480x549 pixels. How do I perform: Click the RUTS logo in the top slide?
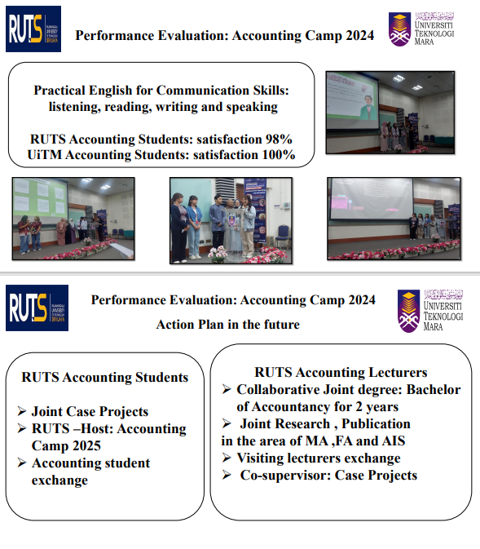pos(33,29)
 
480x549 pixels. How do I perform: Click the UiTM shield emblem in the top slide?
pos(399,29)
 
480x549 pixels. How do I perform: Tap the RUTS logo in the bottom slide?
pos(37,308)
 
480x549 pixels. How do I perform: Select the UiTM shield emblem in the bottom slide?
pos(408,311)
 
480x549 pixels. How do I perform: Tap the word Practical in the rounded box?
pos(59,91)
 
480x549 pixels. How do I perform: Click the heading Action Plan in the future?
pos(227,324)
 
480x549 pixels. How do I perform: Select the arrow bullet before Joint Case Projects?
pos(22,411)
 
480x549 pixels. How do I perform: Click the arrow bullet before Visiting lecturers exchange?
pos(227,458)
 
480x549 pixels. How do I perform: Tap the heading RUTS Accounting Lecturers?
pos(341,372)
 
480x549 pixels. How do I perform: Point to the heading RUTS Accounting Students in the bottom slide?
pos(104,377)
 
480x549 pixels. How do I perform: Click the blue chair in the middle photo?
pos(284,237)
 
